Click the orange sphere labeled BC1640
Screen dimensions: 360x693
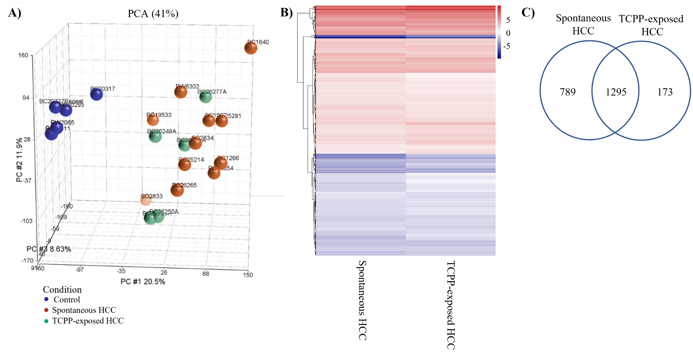click(251, 48)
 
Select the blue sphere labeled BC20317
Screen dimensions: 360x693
click(96, 94)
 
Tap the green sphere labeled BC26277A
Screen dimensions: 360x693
click(206, 97)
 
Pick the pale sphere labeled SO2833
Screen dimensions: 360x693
click(146, 200)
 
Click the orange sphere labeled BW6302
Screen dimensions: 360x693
click(180, 92)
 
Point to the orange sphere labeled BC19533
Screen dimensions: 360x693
click(153, 120)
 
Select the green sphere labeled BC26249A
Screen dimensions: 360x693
click(155, 136)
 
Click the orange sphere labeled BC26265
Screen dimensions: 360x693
click(177, 190)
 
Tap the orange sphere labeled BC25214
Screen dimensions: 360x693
click(185, 165)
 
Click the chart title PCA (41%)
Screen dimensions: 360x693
click(153, 14)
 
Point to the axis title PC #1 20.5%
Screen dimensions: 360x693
click(143, 282)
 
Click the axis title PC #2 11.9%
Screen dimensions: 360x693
click(19, 160)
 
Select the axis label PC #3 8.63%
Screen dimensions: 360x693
click(49, 249)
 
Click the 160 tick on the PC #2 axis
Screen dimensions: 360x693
click(23, 55)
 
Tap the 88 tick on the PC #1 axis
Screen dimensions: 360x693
click(206, 274)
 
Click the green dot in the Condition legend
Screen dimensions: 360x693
click(46, 321)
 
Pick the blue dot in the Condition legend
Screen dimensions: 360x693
click(46, 299)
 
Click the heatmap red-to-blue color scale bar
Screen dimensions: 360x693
click(499, 32)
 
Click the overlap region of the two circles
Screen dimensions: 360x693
click(616, 91)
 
